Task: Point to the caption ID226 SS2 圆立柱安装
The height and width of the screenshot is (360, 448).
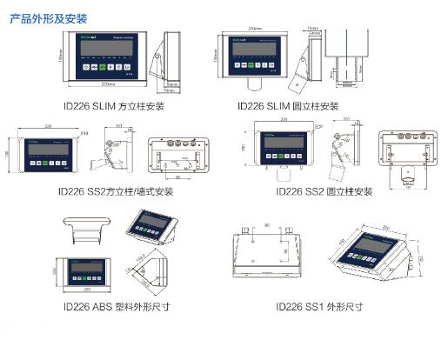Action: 324,190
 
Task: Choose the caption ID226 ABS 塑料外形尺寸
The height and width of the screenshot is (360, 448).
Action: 114,306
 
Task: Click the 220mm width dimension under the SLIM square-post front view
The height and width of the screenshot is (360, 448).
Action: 109,84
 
